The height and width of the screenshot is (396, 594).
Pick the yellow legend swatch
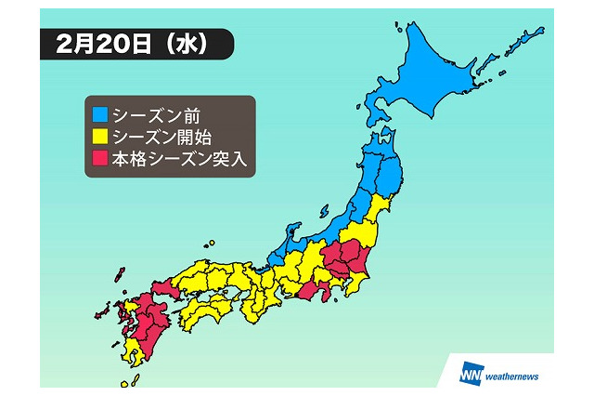(x=97, y=138)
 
